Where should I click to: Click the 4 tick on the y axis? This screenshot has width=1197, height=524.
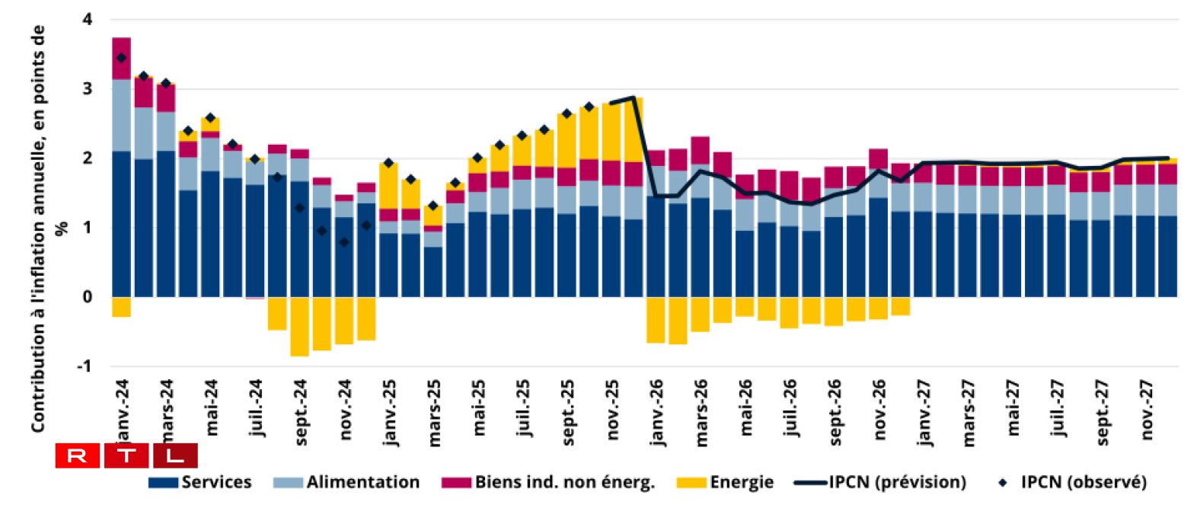click(87, 19)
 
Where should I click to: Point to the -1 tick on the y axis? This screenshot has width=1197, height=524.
click(84, 366)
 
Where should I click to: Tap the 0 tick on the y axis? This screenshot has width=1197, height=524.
click(87, 297)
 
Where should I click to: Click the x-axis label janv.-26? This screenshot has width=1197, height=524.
click(657, 412)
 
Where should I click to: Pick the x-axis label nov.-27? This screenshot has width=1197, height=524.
click(1148, 410)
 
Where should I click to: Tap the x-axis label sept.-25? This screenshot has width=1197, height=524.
click(568, 412)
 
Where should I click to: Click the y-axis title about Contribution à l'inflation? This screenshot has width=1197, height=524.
click(38, 228)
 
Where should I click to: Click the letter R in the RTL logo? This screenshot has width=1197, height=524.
click(77, 455)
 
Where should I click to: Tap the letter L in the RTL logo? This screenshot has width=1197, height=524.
click(175, 455)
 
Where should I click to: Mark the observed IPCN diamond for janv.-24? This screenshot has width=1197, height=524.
click(121, 58)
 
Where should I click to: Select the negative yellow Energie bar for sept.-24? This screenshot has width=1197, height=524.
click(299, 326)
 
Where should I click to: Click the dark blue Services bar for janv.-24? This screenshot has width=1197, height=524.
click(121, 224)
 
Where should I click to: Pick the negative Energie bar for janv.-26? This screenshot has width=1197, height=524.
click(656, 320)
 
